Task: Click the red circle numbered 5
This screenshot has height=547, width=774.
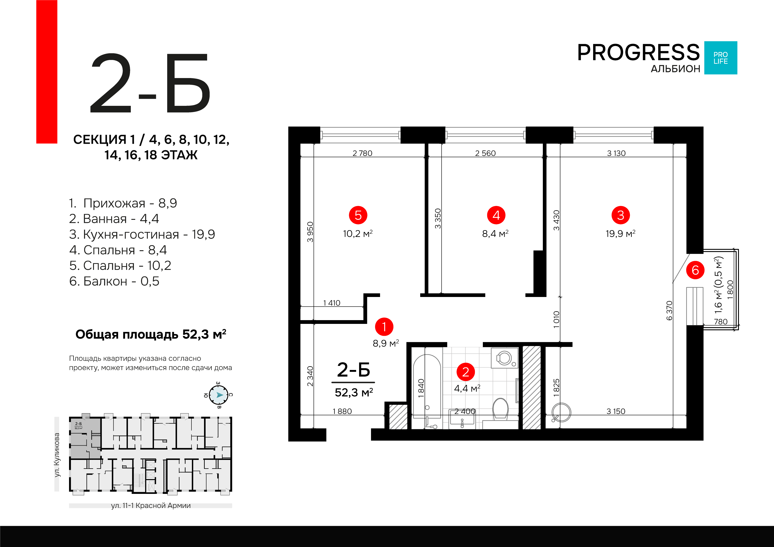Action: click(358, 215)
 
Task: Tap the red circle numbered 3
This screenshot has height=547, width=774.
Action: click(621, 215)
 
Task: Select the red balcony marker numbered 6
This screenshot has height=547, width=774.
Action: click(695, 270)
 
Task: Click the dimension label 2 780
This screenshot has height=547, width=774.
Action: click(362, 153)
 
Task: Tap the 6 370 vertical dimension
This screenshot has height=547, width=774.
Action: click(669, 310)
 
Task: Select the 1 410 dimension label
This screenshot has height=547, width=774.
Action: click(332, 303)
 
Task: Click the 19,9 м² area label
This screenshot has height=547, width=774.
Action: click(621, 233)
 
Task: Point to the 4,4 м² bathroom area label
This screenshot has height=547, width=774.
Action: click(467, 388)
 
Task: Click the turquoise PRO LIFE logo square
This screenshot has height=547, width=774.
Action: click(721, 58)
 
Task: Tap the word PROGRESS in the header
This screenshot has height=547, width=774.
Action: click(639, 52)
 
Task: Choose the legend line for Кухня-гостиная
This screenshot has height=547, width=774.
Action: click(142, 234)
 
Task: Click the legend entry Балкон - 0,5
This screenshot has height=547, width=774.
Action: click(114, 281)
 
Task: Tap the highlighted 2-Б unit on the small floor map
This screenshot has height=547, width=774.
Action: click(85, 437)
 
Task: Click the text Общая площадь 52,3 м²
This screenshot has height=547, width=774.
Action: click(151, 334)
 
